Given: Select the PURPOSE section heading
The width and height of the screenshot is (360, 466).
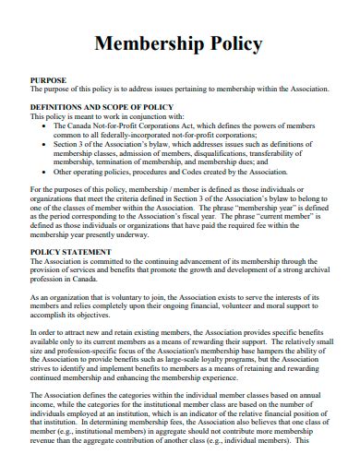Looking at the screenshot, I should [x=49, y=80].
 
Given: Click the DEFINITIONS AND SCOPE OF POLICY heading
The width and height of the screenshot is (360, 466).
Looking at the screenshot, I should [x=102, y=107].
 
